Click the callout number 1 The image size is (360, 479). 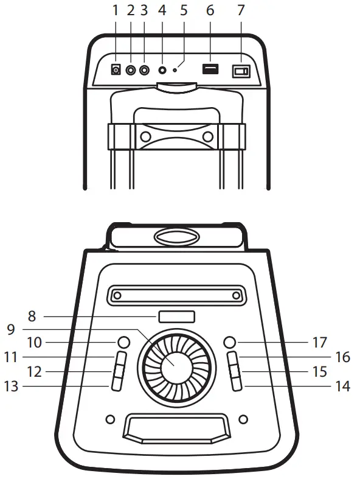coord(116,10)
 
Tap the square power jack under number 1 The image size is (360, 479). coord(116,71)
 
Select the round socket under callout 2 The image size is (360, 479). coord(131,70)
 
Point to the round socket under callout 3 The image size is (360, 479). coord(144,70)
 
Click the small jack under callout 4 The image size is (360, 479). coord(162,70)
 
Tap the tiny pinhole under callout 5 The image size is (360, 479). coord(175,71)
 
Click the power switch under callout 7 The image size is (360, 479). coord(241,72)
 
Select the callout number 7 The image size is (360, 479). coord(242,10)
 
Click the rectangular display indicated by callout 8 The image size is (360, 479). coord(176,316)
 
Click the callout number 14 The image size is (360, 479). coord(343,386)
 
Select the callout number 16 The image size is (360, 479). coord(343,357)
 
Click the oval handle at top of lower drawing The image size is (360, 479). coord(176,237)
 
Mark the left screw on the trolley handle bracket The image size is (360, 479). coord(145,136)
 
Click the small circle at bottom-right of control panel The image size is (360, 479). coord(244,419)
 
